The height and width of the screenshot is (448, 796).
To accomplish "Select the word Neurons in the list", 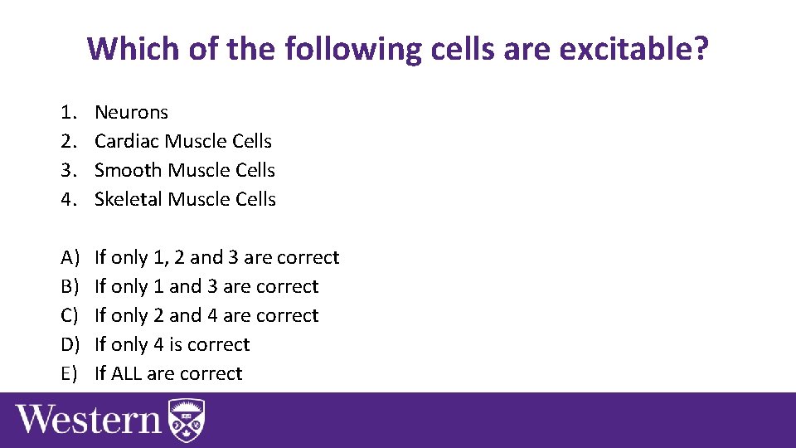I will click(x=131, y=112).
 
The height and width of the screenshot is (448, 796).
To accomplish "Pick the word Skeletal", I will click(x=129, y=199).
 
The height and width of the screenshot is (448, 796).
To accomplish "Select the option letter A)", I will click(x=69, y=257).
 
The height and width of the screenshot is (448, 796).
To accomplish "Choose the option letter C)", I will click(x=69, y=315).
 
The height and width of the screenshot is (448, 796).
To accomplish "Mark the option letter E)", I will click(x=69, y=373).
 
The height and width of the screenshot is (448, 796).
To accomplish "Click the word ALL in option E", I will click(x=126, y=373).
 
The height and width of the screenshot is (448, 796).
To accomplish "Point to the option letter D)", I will click(x=69, y=344).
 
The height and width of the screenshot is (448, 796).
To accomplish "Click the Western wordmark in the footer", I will click(x=89, y=419).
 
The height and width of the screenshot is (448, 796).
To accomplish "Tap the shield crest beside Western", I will click(x=187, y=421).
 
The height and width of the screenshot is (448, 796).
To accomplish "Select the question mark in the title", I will click(x=701, y=50).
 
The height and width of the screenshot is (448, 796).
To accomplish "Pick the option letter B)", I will click(x=69, y=286).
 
